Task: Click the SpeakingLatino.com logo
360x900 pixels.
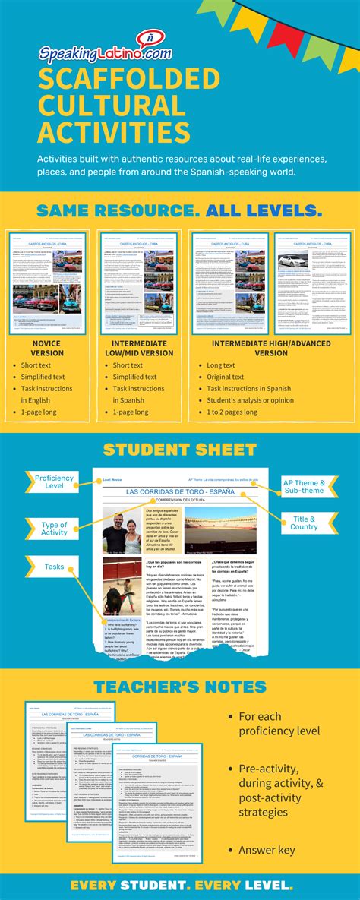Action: pos(106,53)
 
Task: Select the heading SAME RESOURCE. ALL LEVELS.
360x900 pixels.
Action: pos(179,209)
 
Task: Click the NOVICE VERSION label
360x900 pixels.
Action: pos(47,348)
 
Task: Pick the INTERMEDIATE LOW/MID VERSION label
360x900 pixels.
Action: pos(142,348)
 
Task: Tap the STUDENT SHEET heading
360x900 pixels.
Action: pos(179,450)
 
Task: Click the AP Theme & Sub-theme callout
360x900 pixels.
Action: pos(305,487)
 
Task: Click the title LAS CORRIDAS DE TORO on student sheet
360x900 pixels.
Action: pos(180,491)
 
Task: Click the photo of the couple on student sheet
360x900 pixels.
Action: pos(122,531)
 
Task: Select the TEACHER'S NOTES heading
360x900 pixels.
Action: pos(179,687)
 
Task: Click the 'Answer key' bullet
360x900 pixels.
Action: pos(267,851)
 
